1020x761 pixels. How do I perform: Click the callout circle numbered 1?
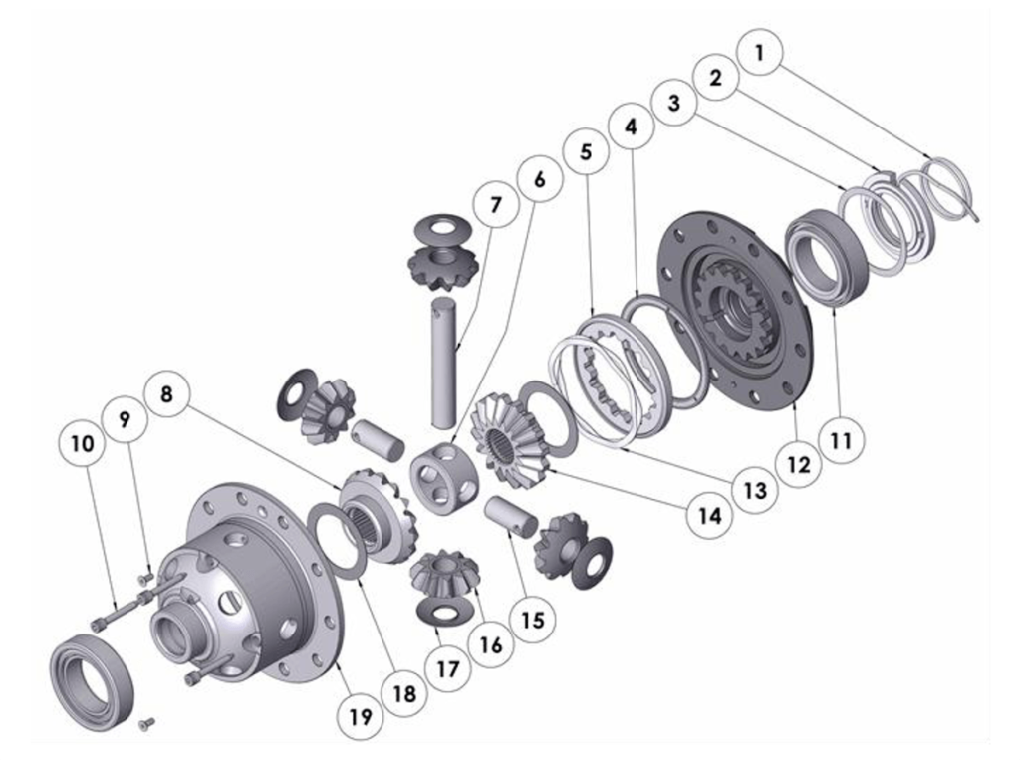(759, 52)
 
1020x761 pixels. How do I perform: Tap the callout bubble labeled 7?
(496, 205)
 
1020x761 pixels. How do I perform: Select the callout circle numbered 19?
(360, 717)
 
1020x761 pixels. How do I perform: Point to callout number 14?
(710, 516)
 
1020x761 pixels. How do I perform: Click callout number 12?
(798, 464)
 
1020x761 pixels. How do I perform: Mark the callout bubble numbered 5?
(586, 151)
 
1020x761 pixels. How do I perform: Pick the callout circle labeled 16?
(490, 643)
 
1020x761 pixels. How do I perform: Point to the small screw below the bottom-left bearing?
(147, 722)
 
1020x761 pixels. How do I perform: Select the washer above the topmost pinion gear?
(443, 228)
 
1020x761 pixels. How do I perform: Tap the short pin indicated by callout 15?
(511, 513)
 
